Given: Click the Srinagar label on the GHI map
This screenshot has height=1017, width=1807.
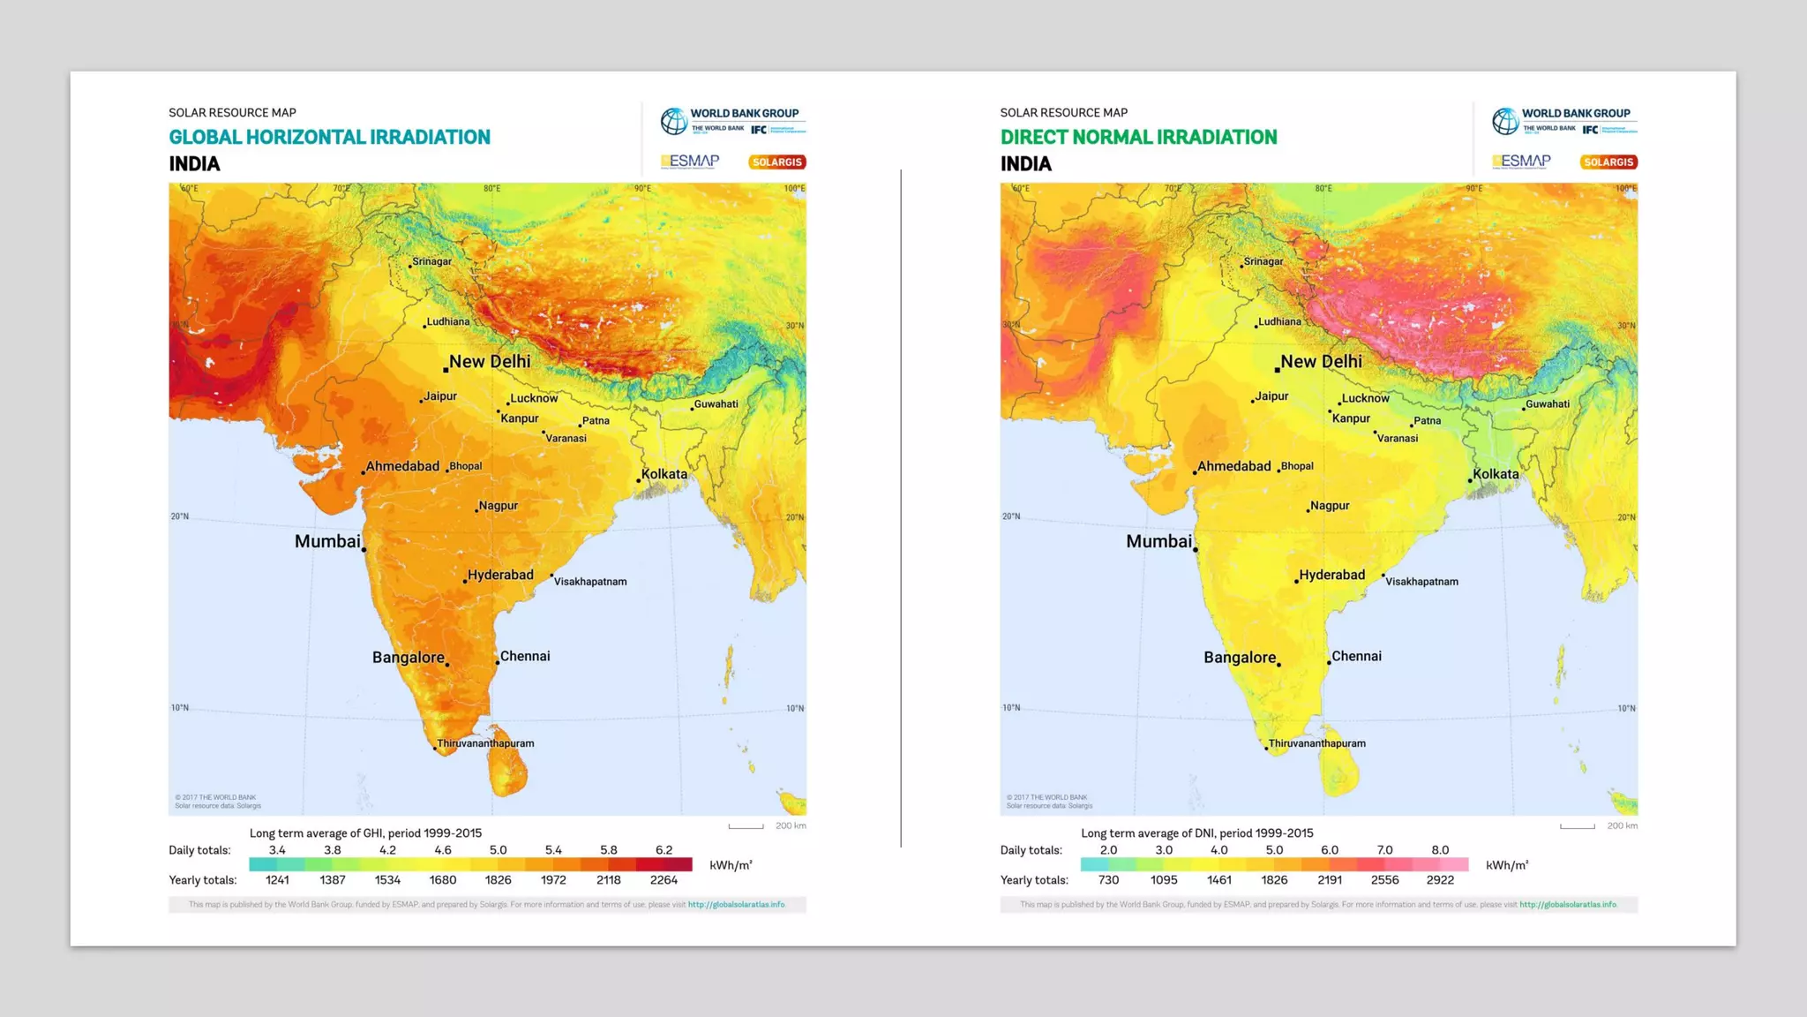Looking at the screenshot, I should (x=431, y=261).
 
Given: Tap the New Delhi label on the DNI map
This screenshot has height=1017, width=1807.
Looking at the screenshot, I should (x=1321, y=361).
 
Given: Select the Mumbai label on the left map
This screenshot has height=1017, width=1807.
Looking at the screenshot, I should (x=327, y=541).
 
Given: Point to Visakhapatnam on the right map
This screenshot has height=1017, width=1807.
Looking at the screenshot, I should (x=1421, y=581).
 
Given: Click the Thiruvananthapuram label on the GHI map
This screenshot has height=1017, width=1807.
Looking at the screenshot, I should (x=485, y=743).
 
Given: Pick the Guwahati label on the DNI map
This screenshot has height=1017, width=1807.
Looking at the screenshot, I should (x=1547, y=403).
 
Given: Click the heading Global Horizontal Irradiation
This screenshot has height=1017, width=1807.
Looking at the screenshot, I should (x=329, y=137).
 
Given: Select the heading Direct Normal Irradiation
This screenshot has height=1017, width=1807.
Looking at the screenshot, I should (x=1138, y=137).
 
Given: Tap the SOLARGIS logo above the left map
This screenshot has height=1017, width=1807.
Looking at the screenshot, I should (x=776, y=162).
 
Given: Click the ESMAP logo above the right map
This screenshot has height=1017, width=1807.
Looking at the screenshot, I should (x=1521, y=161).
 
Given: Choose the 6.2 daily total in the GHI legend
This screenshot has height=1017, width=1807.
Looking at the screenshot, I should (x=664, y=850).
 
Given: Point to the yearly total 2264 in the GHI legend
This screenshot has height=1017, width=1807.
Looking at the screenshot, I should (x=664, y=880).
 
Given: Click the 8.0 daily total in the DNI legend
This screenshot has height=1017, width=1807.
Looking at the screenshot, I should (x=1440, y=850).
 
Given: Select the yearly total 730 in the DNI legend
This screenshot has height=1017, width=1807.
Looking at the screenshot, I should (x=1108, y=880).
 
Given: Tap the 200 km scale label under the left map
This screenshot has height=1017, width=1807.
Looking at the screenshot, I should (x=791, y=826).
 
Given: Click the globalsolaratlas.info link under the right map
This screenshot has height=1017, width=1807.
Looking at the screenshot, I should (x=1568, y=905).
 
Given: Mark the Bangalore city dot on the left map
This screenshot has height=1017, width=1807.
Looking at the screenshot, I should (x=447, y=665).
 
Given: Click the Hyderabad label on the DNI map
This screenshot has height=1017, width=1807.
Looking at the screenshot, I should (x=1331, y=575).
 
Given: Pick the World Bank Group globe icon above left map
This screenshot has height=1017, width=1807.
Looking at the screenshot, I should (x=674, y=121).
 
